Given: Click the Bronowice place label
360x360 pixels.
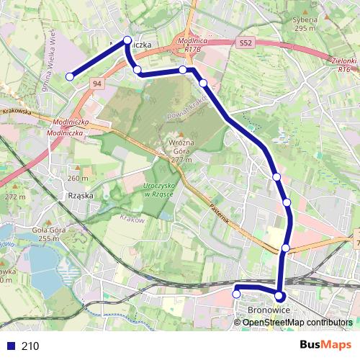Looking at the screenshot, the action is [268, 310].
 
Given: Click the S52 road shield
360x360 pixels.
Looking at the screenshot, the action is [246, 44].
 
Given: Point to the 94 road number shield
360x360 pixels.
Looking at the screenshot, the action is [96, 84].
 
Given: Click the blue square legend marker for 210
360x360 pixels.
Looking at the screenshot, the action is [11, 346].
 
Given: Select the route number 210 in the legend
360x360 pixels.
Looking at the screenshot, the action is [30, 346].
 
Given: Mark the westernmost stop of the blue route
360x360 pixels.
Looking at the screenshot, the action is [71, 76].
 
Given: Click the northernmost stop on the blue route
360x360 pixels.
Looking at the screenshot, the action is [127, 40].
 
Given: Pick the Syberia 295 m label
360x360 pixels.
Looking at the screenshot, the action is [305, 24].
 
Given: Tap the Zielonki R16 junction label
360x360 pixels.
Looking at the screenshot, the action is [343, 66].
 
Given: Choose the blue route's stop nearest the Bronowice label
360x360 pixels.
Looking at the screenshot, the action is [280, 296].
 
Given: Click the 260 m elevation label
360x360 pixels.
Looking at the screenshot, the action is [78, 178].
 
